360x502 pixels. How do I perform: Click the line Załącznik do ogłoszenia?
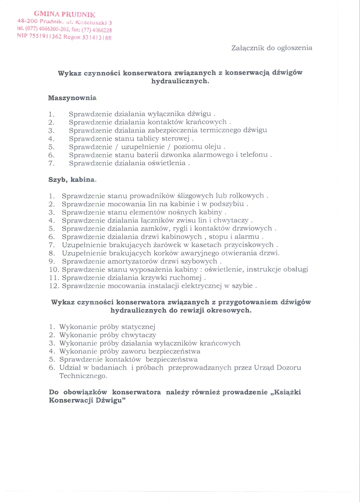(271, 48)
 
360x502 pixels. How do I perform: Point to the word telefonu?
(255, 155)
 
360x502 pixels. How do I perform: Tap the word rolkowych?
(246, 196)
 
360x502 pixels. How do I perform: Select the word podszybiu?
(227, 204)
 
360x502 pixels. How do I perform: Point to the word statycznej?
(138, 326)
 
